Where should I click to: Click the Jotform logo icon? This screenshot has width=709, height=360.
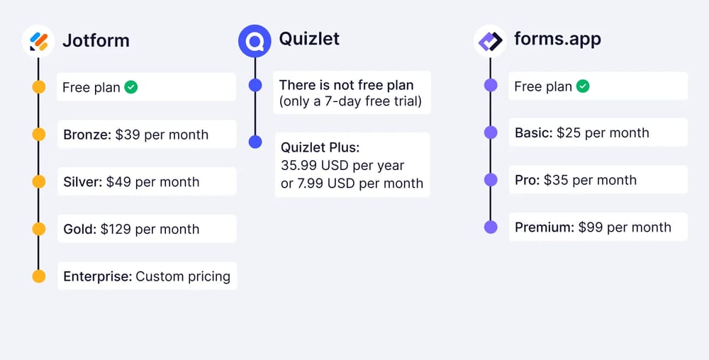[x=38, y=40]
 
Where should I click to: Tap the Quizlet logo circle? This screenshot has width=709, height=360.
[x=255, y=40]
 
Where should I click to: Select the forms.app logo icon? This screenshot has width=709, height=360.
[x=490, y=40]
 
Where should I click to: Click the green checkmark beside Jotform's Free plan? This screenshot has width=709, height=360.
[x=131, y=87]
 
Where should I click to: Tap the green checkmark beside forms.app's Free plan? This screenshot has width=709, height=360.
[x=583, y=86]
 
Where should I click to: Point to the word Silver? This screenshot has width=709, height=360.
[x=82, y=182]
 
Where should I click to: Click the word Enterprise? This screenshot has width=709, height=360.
[x=97, y=276]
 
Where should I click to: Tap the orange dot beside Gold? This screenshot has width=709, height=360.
[x=39, y=229]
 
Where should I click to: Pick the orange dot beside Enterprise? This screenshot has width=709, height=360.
[x=39, y=276]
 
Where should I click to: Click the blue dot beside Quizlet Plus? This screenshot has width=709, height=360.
[x=255, y=142]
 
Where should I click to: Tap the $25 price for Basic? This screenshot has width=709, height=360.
[x=568, y=133]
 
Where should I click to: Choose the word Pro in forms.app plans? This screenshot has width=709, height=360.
[x=527, y=180]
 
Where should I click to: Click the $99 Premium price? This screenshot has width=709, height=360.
[x=590, y=227]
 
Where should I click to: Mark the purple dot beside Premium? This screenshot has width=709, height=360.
[x=491, y=227]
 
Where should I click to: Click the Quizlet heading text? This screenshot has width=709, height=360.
[x=309, y=38]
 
